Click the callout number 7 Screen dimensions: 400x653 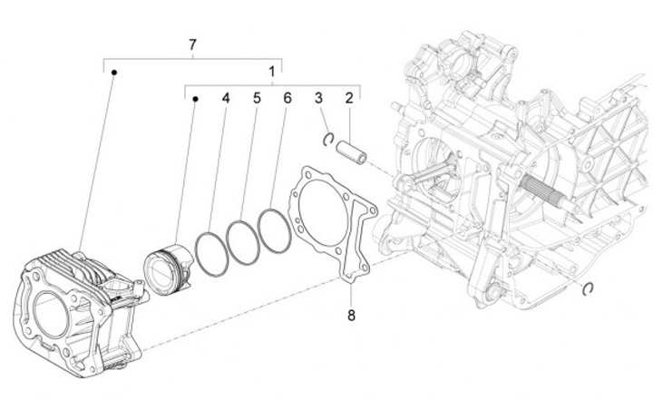coord(192,45)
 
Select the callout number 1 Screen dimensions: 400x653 coord(271,71)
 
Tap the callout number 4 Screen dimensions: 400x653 coord(226,97)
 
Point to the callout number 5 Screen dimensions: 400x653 coord(257,97)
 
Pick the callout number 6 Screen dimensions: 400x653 coord(288,97)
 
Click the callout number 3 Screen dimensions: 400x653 coord(319,97)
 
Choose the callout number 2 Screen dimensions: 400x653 coord(348,97)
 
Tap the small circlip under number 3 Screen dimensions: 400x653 coord(329,139)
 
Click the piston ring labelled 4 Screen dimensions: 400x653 coord(211,253)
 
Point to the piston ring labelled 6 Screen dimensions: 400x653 coord(274,231)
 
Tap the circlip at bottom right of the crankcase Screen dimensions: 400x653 coord(588,289)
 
